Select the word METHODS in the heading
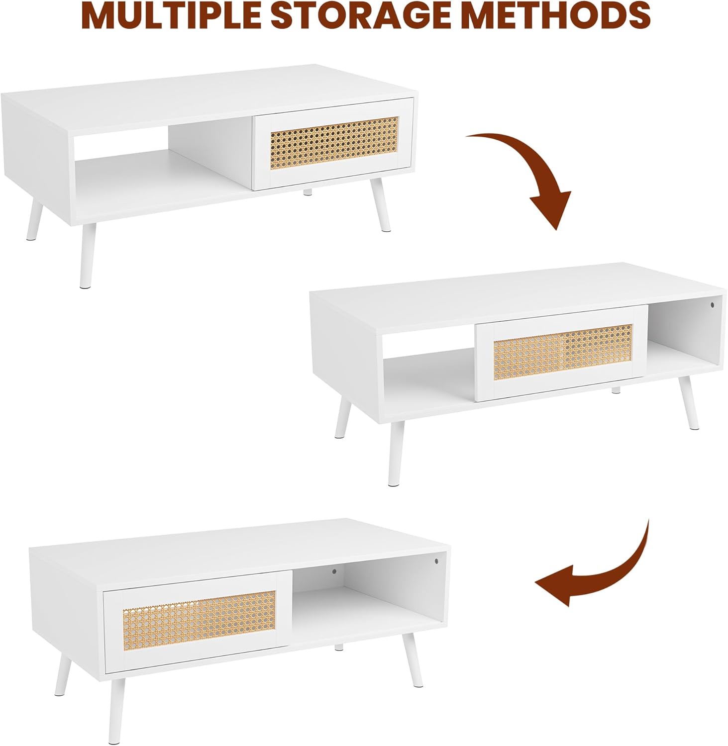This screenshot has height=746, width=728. (x=565, y=15)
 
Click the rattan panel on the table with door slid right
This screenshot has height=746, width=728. (x=334, y=142)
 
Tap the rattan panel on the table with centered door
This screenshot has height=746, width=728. (x=563, y=352)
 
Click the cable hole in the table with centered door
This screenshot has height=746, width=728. (x=712, y=304)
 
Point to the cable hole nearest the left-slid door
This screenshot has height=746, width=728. (x=334, y=572)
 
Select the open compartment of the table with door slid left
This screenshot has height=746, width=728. (x=368, y=602)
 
